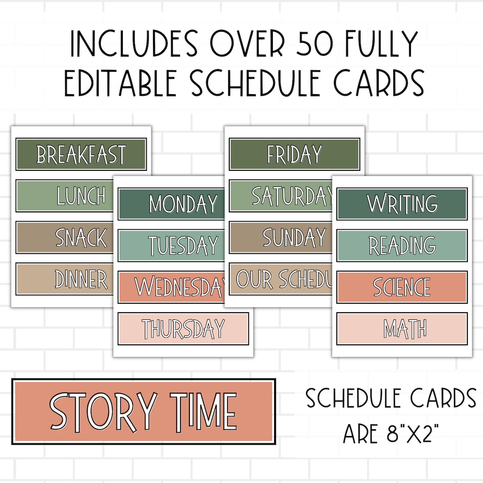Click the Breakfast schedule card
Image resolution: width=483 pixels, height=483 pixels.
click(x=81, y=154)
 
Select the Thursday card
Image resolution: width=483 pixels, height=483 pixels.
click(x=183, y=329)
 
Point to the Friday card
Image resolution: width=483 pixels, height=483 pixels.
click(x=294, y=154)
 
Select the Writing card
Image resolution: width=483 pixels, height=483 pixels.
click(x=402, y=204)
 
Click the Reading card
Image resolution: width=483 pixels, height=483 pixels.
click(x=402, y=245)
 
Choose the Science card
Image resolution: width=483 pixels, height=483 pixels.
click(x=402, y=287)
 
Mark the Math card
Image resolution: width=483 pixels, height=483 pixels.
click(x=402, y=329)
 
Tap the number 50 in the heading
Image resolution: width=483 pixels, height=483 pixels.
click(x=314, y=44)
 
